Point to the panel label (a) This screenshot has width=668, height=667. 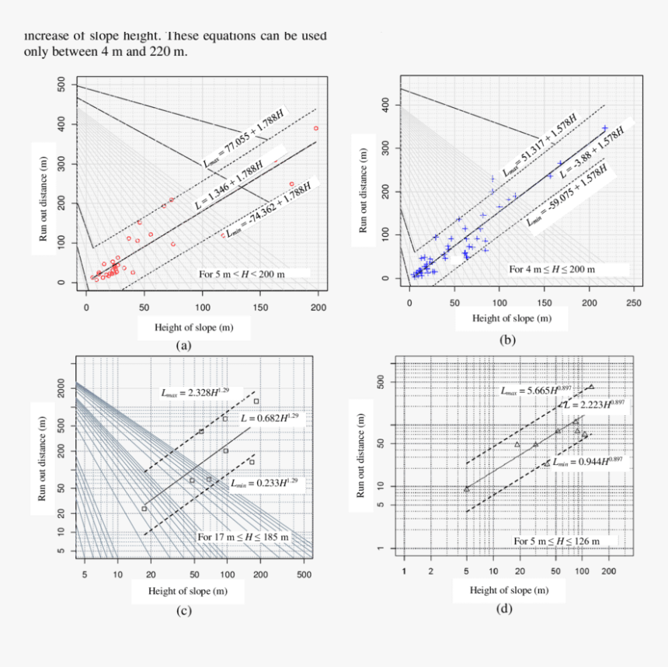point(183,346)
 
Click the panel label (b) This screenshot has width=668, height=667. point(508,340)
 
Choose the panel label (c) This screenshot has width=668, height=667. point(183,610)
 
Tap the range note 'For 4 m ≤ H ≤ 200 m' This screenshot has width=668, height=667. point(551,269)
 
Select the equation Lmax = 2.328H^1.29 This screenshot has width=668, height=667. point(199,392)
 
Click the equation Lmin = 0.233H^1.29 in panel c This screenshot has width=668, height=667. point(263,482)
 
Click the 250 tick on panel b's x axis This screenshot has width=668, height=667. point(634,302)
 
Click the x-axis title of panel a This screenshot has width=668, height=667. point(183,328)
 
